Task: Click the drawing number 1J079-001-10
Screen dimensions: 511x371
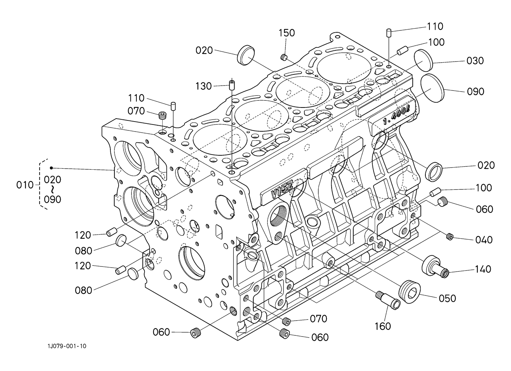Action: point(67,346)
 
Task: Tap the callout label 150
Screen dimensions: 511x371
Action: point(287,33)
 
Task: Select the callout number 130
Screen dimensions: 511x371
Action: point(203,86)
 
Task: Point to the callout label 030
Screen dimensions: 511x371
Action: point(475,61)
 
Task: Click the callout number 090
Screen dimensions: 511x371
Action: point(476,92)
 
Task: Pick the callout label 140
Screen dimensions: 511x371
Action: point(483,269)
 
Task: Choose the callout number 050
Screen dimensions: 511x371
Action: point(447,298)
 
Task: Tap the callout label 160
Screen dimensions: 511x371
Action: point(383,326)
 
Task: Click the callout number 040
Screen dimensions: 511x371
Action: point(484,240)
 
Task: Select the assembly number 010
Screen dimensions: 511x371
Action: point(25,185)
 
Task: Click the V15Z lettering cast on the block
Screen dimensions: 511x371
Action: point(282,191)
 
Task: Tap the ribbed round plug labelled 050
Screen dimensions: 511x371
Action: point(410,292)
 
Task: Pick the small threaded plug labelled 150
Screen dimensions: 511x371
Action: point(283,57)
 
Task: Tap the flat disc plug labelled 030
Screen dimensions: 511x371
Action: point(423,60)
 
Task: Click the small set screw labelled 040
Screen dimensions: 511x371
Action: point(449,236)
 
